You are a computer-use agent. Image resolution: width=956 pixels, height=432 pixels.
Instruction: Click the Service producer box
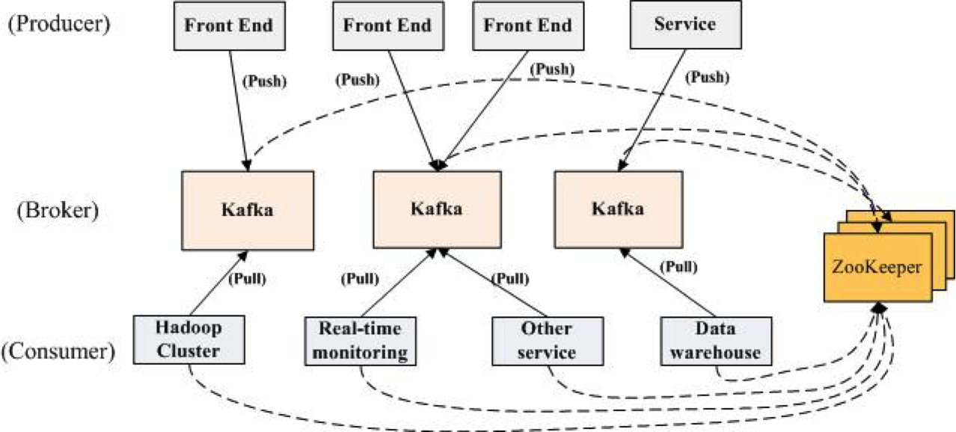[x=684, y=25]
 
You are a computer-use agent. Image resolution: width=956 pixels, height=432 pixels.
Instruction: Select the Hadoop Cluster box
[x=189, y=340]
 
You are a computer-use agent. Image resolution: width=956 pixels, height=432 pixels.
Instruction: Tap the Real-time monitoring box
[x=360, y=341]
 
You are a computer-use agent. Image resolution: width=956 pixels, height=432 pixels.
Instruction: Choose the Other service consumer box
[x=547, y=341]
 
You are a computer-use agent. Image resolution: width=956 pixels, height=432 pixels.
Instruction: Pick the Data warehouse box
[x=716, y=341]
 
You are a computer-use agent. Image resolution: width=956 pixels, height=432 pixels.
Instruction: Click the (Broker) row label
[x=58, y=209]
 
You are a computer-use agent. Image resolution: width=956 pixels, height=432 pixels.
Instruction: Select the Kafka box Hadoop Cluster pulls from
[x=247, y=209]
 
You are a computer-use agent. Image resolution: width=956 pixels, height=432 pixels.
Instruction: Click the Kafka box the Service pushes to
[x=618, y=209]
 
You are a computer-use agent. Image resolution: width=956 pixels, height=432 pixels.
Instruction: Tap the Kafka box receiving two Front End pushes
[x=436, y=209]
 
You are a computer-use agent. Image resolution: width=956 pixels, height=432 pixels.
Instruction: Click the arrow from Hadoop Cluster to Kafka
[x=217, y=284]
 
